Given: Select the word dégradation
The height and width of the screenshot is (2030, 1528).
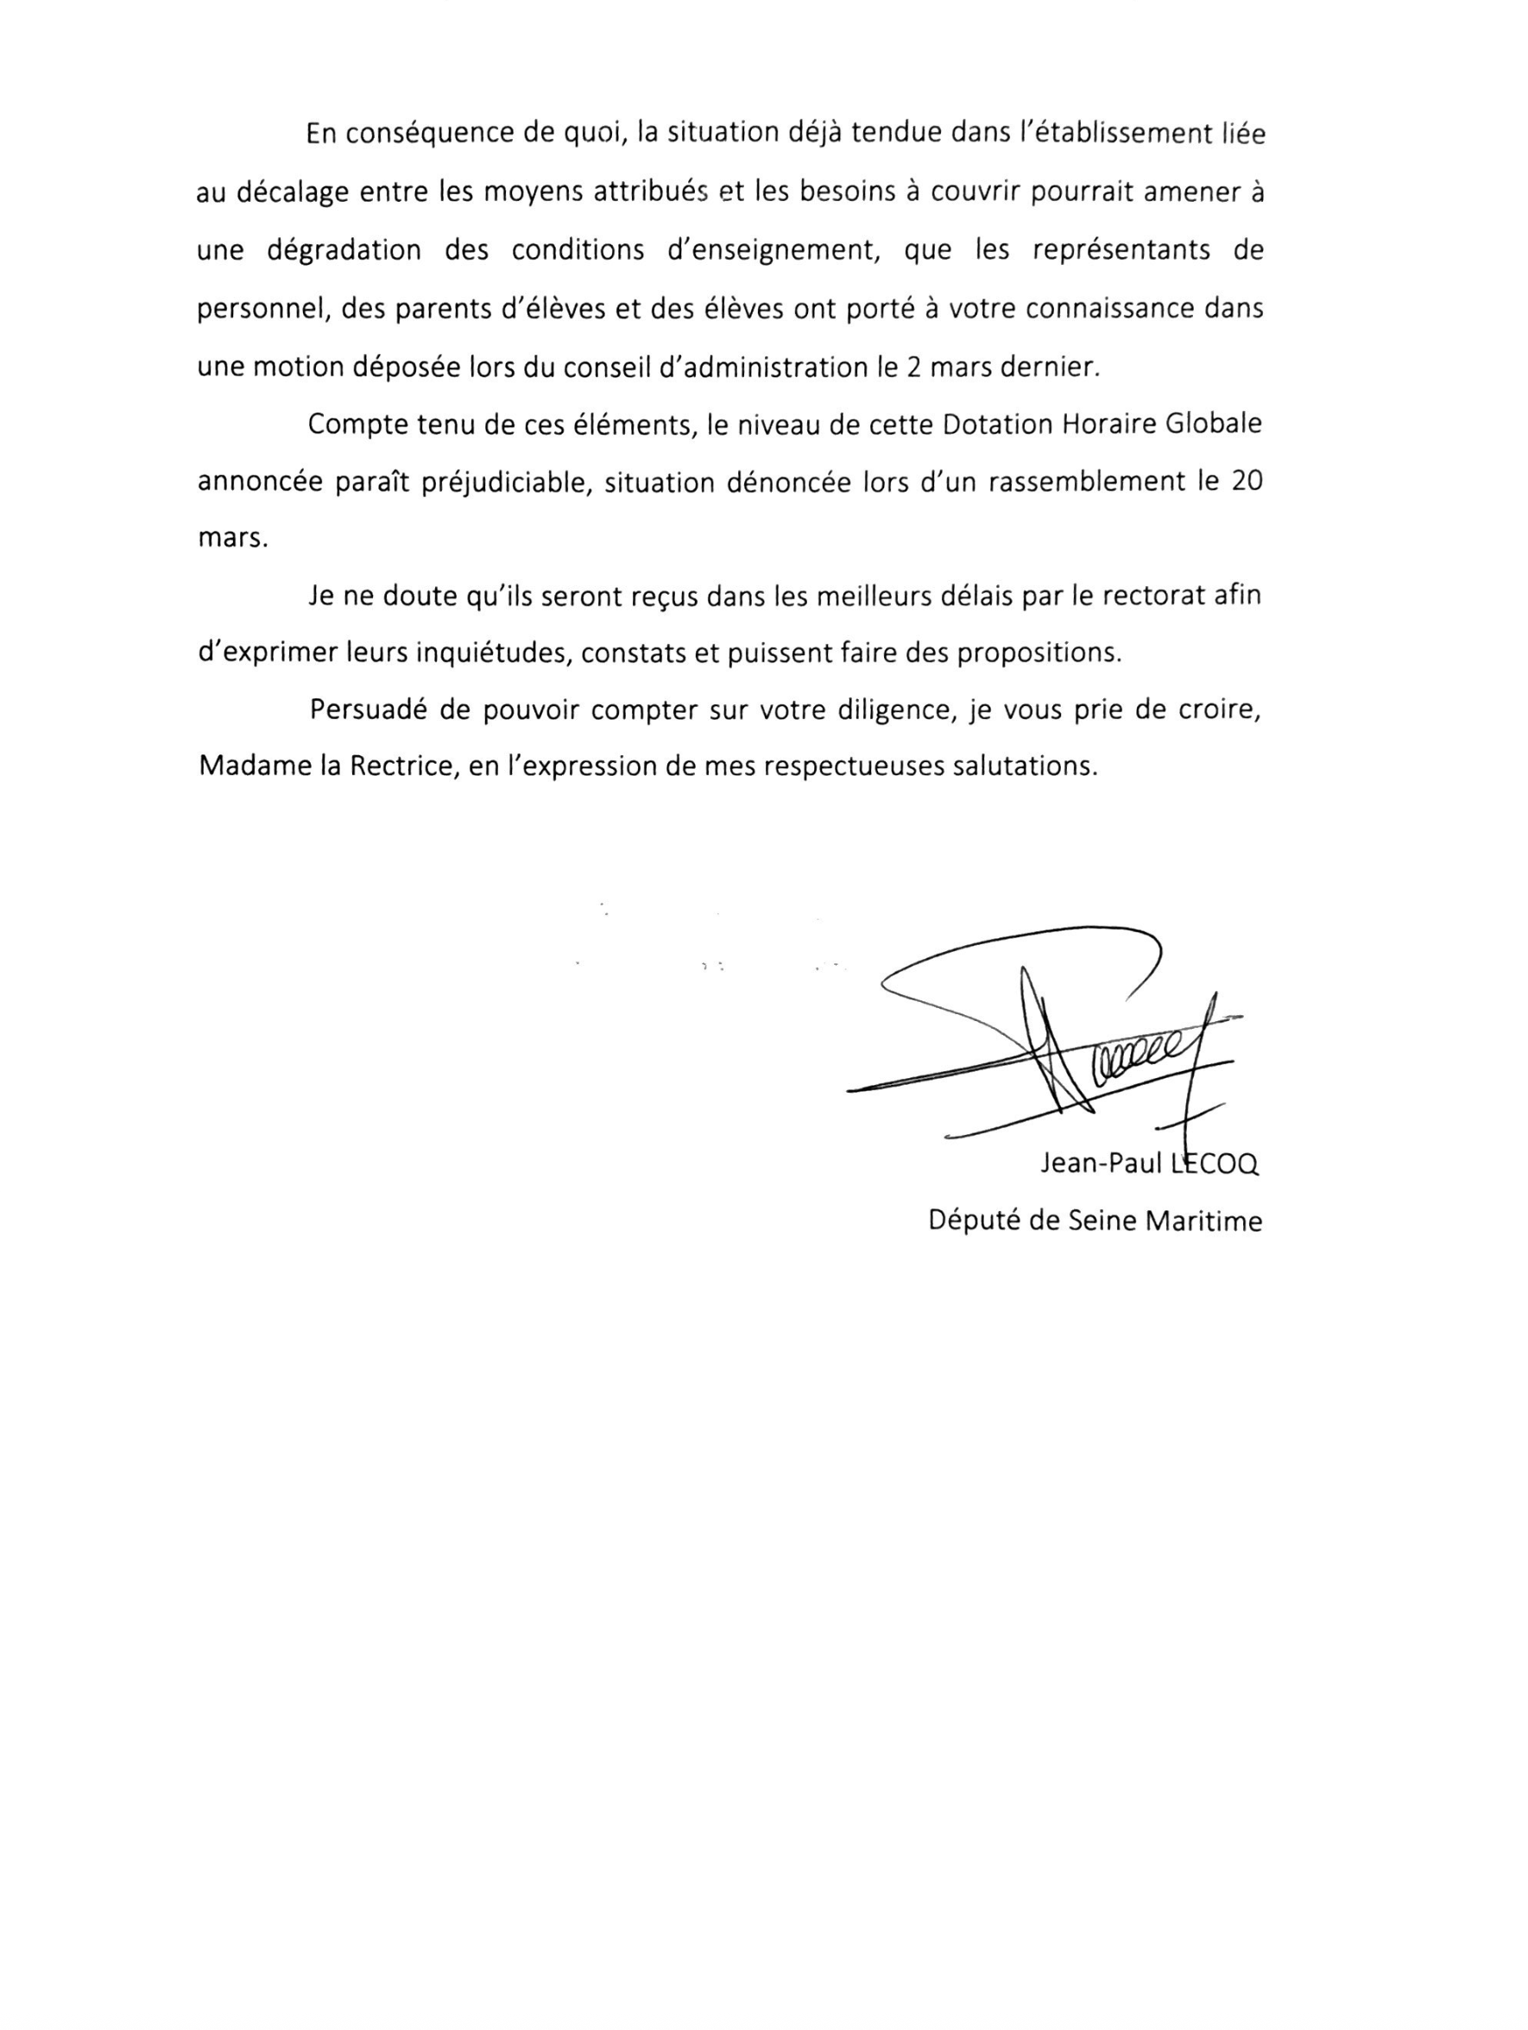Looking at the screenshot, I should [x=344, y=250].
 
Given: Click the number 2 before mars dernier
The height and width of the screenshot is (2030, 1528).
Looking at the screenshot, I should [x=913, y=367].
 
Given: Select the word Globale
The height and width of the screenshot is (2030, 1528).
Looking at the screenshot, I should [x=1213, y=425].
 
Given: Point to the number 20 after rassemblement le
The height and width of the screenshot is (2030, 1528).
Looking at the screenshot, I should [x=1246, y=482].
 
